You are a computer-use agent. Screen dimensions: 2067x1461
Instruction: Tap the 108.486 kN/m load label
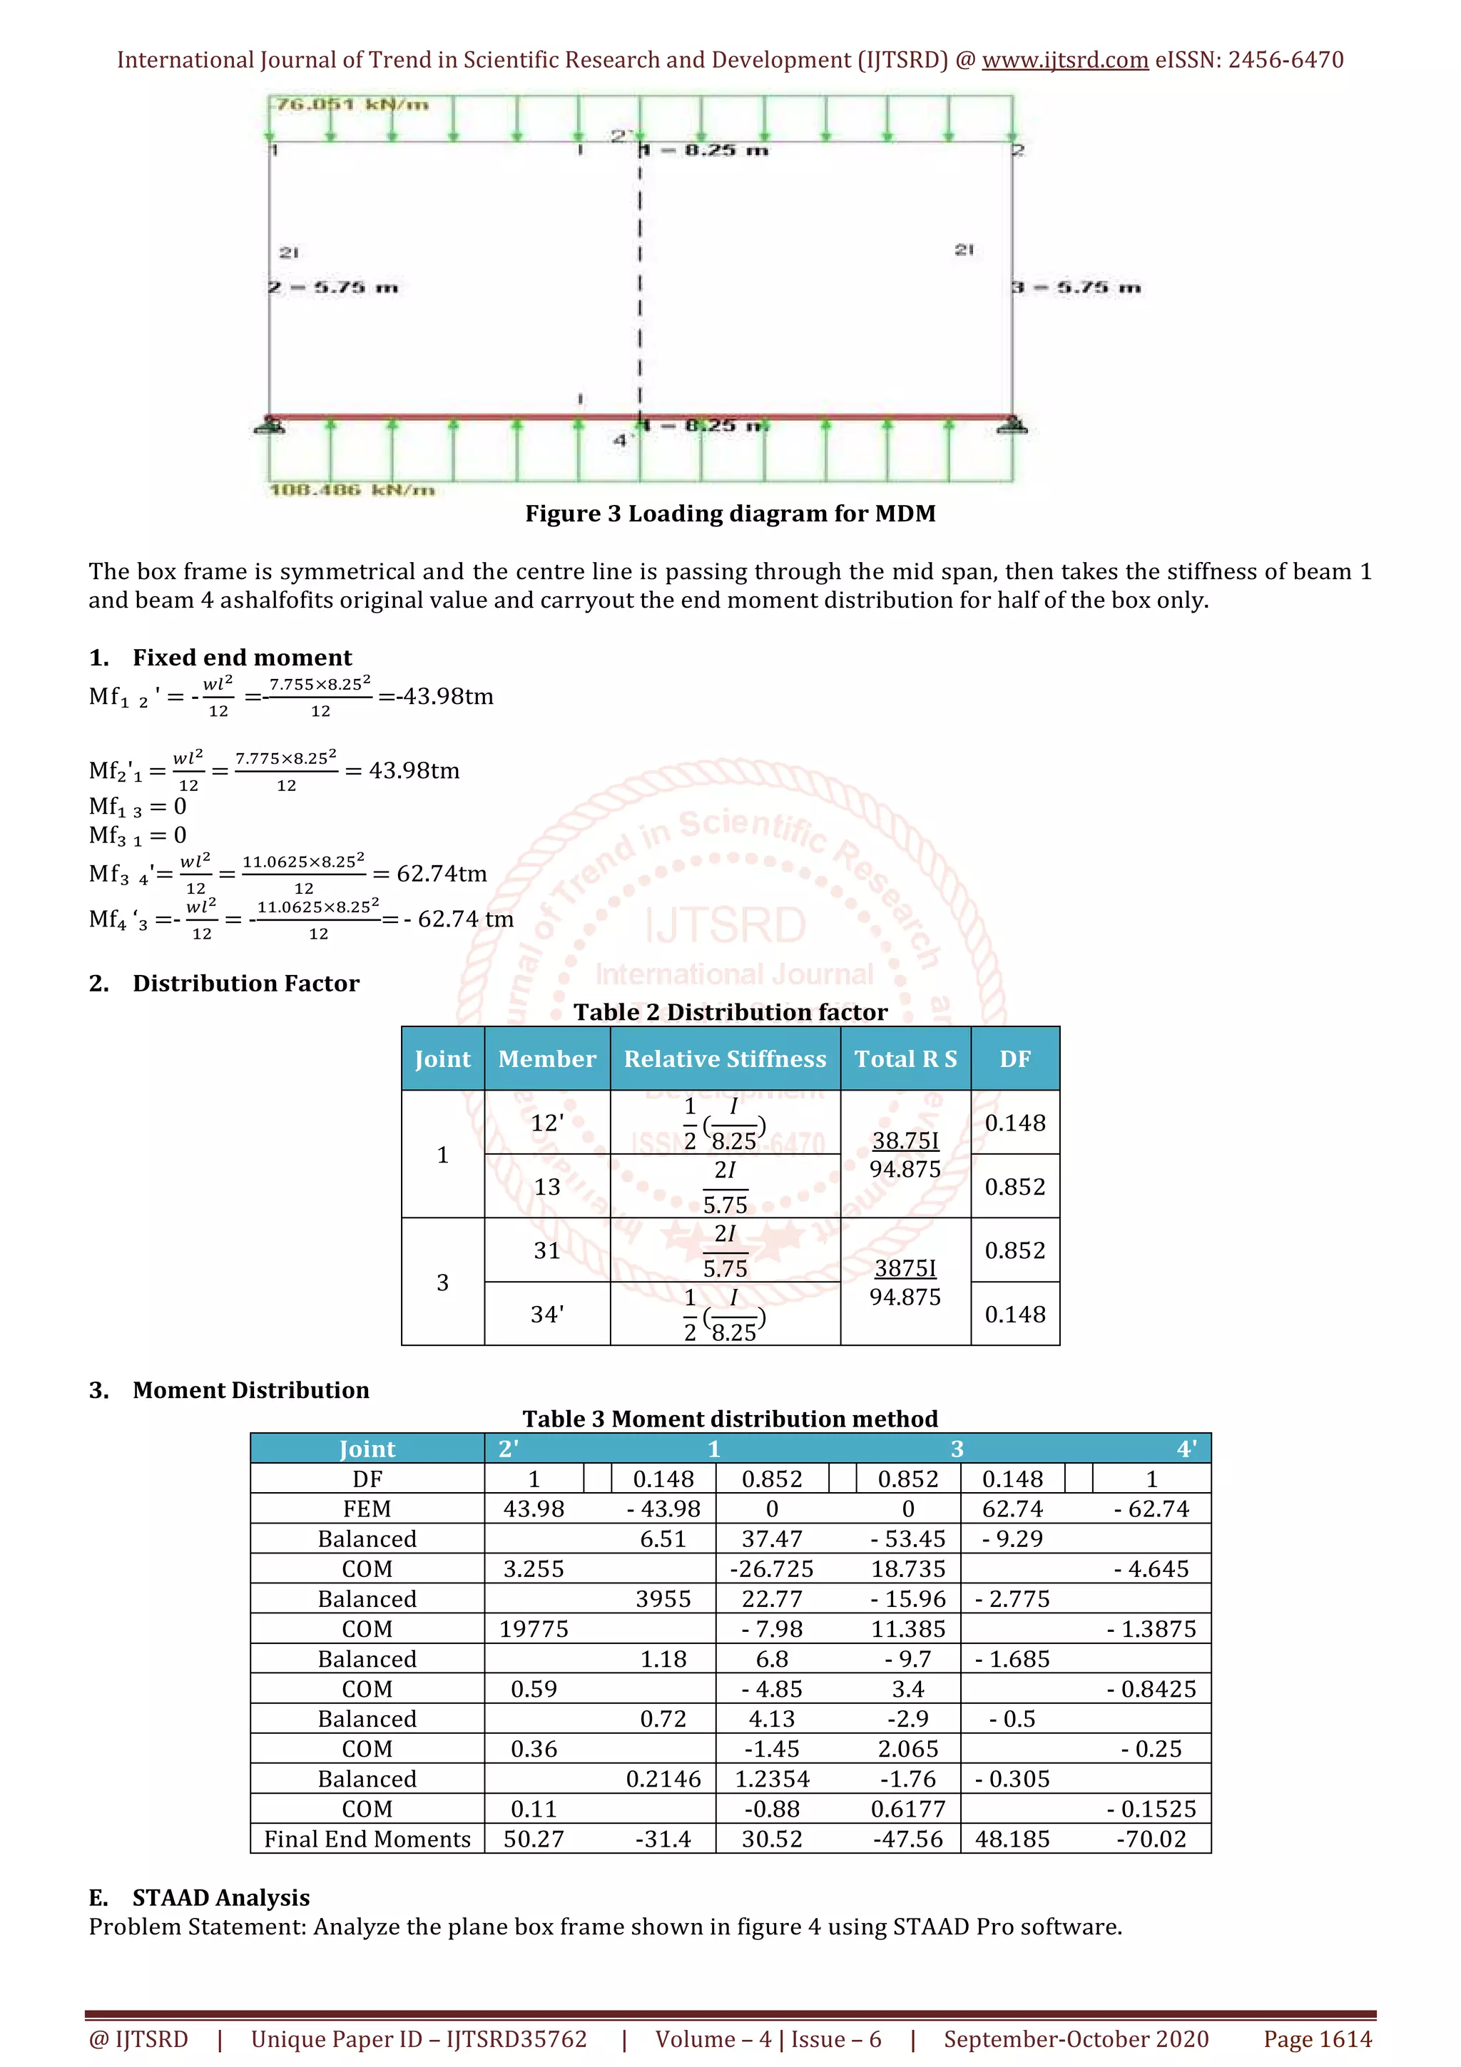pyautogui.click(x=352, y=490)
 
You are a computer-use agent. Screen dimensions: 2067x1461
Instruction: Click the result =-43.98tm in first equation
pyautogui.click(x=436, y=696)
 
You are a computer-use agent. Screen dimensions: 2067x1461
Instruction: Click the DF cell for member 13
pyautogui.click(x=1014, y=1187)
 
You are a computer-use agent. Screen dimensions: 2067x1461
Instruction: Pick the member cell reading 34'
pyautogui.click(x=546, y=1315)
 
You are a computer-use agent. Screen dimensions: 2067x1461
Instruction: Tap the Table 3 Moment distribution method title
pyautogui.click(x=730, y=1419)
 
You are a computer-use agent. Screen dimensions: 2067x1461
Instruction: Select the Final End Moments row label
pyautogui.click(x=367, y=1839)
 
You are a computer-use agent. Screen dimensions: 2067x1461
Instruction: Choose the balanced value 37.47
pyautogui.click(x=771, y=1538)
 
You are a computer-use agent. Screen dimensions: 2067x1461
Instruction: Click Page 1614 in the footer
pyautogui.click(x=1317, y=2039)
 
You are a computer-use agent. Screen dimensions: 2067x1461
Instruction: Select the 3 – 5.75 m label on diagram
pyautogui.click(x=1076, y=287)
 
